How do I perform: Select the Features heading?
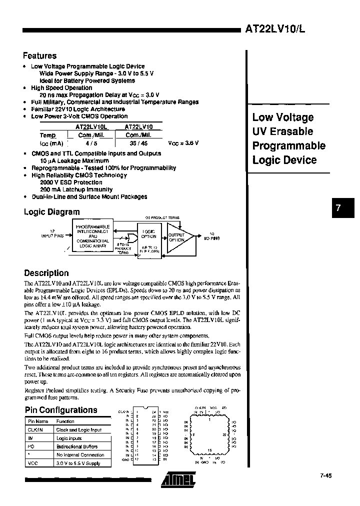tap(40, 56)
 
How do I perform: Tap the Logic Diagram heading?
tap(51, 212)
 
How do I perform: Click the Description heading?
tap(46, 273)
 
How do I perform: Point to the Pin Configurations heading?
tap(60, 410)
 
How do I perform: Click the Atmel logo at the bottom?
tap(178, 480)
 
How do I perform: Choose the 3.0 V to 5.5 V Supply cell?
tap(78, 463)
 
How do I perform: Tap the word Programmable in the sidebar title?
tap(288, 145)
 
